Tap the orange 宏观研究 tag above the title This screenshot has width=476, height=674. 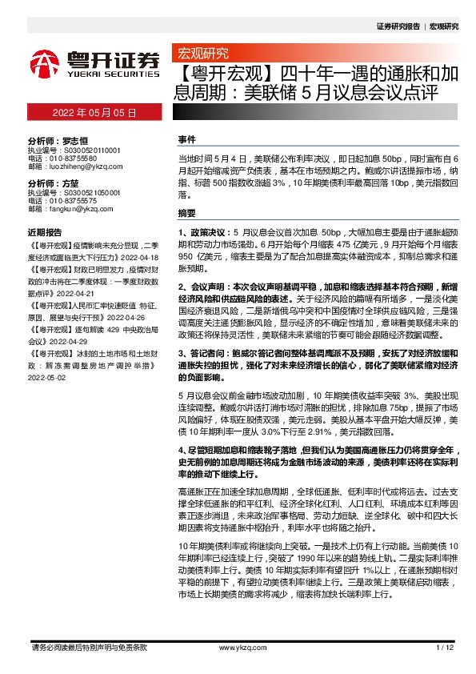[x=201, y=54]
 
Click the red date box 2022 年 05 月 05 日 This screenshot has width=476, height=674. [x=94, y=114]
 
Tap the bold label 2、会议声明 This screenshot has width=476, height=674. [x=205, y=285]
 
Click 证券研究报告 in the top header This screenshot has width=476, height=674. [x=398, y=26]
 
